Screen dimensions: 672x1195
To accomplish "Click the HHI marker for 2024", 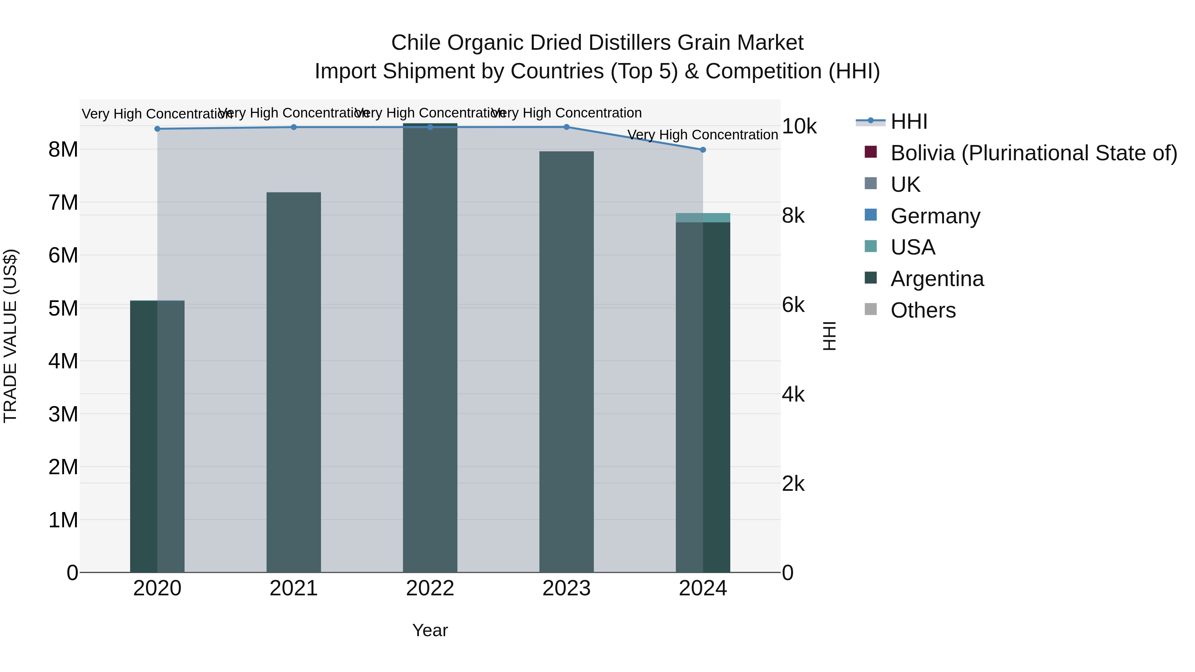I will click(702, 150).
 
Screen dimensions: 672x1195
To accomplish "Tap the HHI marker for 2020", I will click(157, 129).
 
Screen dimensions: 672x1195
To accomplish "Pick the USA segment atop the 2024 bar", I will click(702, 217).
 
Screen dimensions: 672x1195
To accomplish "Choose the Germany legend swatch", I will click(871, 215).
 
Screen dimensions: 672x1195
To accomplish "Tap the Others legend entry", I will click(923, 310).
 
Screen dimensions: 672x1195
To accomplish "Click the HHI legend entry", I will click(908, 121).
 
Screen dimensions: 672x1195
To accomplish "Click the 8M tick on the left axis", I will click(63, 150).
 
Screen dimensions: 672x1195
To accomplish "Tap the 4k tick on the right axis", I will click(793, 395).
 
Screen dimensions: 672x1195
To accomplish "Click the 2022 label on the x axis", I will click(430, 588).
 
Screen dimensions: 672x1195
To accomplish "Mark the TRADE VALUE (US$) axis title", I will click(10, 336).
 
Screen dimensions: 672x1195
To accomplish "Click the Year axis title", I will click(430, 630).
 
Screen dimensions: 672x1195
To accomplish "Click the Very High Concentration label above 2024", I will click(702, 135).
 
